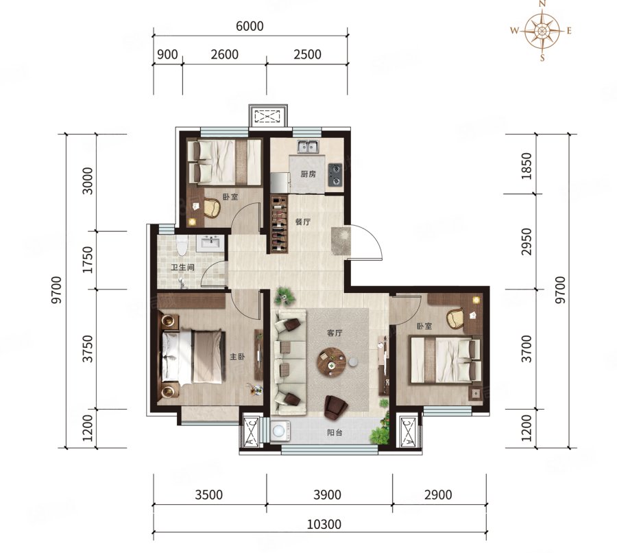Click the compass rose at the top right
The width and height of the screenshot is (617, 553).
tap(542, 31)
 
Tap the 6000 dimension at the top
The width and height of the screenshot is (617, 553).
tap(250, 26)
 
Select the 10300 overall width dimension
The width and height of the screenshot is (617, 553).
tap(324, 525)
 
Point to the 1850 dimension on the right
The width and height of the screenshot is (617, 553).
tap(526, 166)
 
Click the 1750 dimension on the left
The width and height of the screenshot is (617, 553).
tap(88, 259)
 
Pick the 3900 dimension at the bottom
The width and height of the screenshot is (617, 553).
tap(327, 495)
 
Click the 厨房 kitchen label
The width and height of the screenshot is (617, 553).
tap(308, 174)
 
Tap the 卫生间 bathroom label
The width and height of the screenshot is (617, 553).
tap(182, 268)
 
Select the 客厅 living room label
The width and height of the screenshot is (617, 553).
tap(335, 333)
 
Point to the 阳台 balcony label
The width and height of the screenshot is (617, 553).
tap(335, 432)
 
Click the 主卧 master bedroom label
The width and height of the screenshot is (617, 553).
tap(237, 357)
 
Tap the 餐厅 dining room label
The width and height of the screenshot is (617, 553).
tap(303, 222)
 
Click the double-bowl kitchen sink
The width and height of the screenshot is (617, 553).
tap(308, 147)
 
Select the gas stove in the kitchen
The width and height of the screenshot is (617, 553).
tap(335, 174)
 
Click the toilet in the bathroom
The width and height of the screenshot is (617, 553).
tap(182, 245)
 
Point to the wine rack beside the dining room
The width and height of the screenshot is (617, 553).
tap(280, 224)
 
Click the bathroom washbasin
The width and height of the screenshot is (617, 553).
tap(211, 242)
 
